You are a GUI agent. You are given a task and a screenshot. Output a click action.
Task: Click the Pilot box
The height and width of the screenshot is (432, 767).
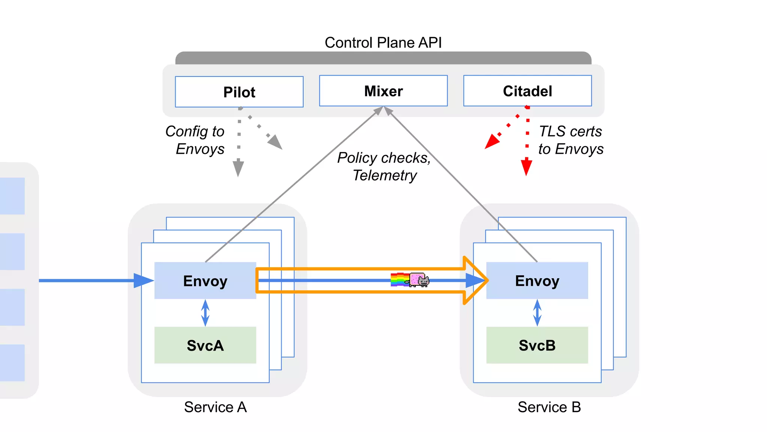coord(239,92)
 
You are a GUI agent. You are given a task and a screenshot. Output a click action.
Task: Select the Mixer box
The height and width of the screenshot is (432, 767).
coord(383,91)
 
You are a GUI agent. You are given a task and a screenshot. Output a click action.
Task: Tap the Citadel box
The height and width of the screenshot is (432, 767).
coord(527,91)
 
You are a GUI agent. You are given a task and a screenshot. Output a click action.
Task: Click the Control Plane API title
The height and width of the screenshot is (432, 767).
coord(383,42)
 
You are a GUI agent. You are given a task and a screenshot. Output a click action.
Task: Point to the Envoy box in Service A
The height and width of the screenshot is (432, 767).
coord(205,280)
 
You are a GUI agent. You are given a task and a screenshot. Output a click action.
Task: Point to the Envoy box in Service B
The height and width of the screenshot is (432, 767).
coord(537,280)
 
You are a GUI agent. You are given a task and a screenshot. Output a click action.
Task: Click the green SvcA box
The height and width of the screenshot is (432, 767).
coord(205,345)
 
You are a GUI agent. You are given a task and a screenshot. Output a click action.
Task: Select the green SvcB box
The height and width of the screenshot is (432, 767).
coord(537,345)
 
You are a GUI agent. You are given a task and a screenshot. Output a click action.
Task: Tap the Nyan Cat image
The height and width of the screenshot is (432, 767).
coord(410,280)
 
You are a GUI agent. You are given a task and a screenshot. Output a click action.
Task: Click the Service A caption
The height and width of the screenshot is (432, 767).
coord(215,407)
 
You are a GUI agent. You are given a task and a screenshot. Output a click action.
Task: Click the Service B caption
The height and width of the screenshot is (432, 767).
coord(549,407)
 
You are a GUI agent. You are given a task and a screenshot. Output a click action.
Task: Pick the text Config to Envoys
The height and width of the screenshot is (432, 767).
coord(195,140)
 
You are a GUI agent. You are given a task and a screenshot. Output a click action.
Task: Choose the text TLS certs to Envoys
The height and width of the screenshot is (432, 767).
coord(570,140)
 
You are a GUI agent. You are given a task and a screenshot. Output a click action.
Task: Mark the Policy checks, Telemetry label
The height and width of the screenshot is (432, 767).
coord(384,166)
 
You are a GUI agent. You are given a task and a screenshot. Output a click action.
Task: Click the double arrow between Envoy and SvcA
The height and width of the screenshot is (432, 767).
coord(205,313)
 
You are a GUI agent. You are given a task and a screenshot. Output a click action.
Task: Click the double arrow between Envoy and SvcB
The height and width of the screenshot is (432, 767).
coord(537,313)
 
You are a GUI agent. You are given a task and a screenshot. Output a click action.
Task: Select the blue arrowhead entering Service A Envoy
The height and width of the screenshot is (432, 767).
coord(143,280)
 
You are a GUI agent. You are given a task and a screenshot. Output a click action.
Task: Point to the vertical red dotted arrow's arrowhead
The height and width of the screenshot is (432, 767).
coord(526,166)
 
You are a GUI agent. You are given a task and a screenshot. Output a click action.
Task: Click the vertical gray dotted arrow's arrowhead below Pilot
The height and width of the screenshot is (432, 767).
coord(238,168)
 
